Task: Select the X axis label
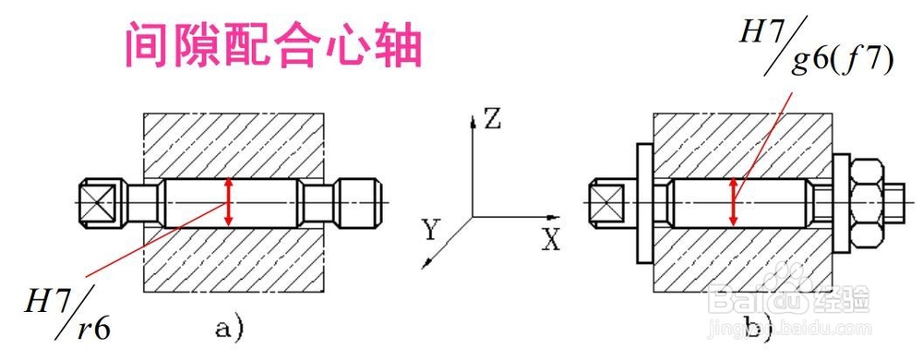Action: [x=551, y=242]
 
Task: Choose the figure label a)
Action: [x=229, y=326]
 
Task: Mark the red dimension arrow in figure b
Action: [x=734, y=202]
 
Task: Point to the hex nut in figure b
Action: [x=867, y=202]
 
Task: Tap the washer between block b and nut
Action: [x=840, y=202]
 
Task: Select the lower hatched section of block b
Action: [x=738, y=258]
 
